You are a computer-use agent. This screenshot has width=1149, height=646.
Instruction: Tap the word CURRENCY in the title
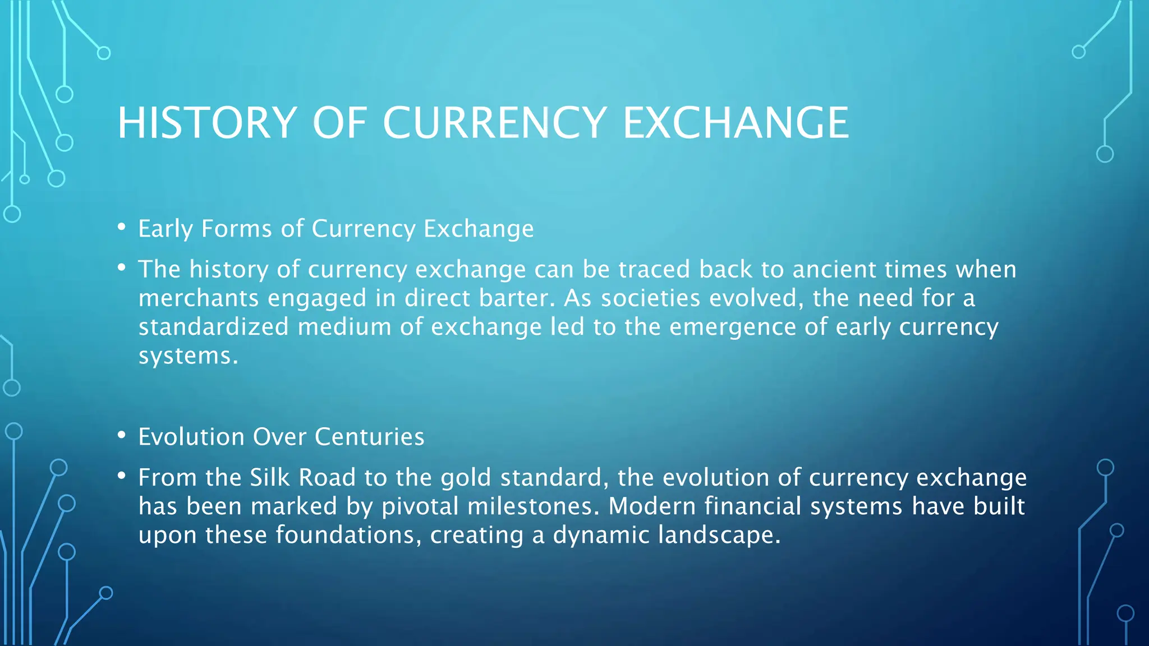[x=495, y=123]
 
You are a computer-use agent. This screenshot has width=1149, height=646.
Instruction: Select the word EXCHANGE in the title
[x=736, y=123]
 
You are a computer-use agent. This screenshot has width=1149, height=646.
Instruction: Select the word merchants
[x=199, y=298]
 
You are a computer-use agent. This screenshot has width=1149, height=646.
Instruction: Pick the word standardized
[x=214, y=327]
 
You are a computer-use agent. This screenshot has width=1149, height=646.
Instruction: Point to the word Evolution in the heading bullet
[x=191, y=437]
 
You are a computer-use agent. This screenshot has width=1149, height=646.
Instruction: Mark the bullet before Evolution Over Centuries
[x=121, y=436]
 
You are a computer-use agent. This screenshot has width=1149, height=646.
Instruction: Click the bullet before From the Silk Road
[x=121, y=477]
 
